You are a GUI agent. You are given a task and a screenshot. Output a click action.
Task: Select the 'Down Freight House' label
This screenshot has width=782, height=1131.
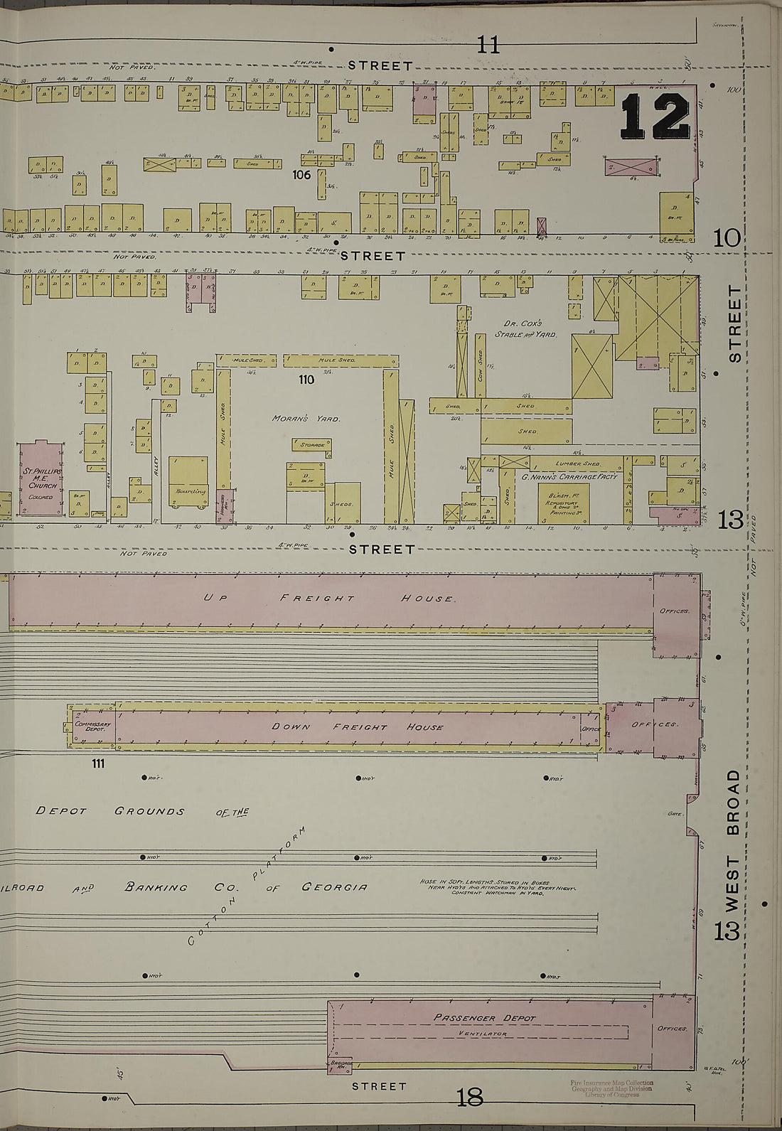click(x=358, y=727)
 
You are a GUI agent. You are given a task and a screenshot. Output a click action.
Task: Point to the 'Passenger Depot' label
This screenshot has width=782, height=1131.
click(x=484, y=1018)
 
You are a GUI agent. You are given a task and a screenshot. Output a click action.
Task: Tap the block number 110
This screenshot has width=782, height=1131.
click(x=306, y=380)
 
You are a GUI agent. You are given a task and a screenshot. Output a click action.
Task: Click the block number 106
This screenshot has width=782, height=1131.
click(x=302, y=174)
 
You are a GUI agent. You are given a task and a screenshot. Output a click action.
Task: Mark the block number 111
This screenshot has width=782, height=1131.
click(x=97, y=763)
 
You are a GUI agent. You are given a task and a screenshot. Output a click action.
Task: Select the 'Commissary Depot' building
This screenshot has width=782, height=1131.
click(x=92, y=727)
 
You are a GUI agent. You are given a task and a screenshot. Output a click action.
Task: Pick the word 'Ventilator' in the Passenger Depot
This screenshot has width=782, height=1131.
click(x=483, y=1034)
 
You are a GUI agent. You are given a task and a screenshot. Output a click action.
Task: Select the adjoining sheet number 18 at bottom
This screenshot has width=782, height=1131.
click(x=470, y=1098)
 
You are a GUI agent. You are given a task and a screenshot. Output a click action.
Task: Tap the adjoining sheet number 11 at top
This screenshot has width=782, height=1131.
click(x=488, y=45)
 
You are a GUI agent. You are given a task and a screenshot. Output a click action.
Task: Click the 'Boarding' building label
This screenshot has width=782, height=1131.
click(x=188, y=491)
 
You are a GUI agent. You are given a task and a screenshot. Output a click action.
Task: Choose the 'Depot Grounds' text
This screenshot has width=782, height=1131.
click(x=110, y=811)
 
